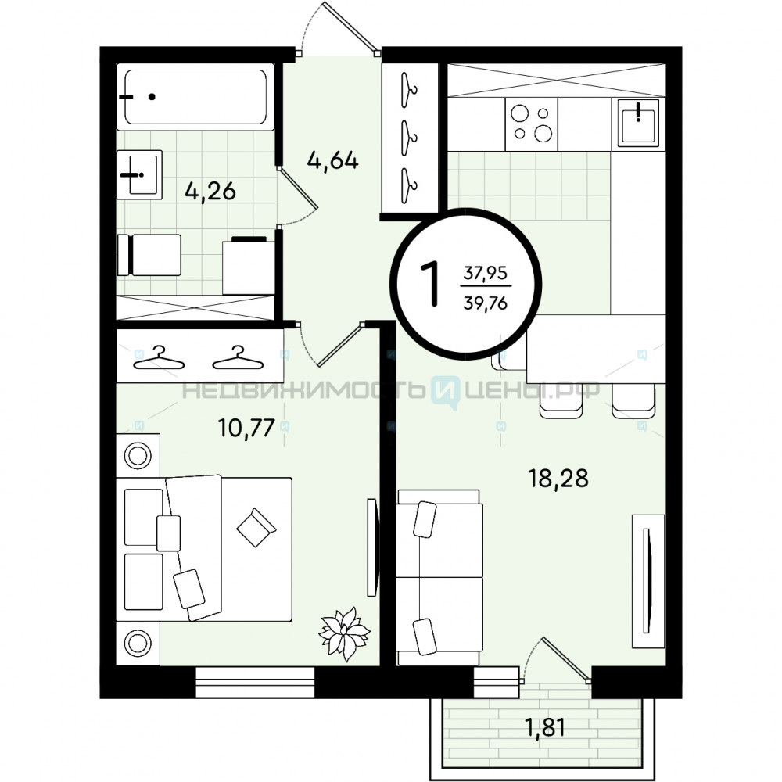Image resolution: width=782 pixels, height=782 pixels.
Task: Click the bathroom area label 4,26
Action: [x=210, y=192]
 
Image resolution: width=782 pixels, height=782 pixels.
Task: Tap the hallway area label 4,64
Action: [x=332, y=161]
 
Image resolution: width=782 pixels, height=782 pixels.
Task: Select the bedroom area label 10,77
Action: [x=246, y=428]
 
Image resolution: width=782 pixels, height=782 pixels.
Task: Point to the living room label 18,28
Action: [x=558, y=478]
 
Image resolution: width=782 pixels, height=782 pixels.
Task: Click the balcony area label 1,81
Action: [x=546, y=727]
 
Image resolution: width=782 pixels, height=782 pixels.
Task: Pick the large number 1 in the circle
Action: [x=430, y=284]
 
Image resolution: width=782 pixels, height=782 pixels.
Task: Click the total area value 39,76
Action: [x=486, y=303]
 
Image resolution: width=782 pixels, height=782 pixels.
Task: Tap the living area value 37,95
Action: [x=486, y=273]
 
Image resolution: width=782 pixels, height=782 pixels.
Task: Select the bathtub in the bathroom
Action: [x=195, y=97]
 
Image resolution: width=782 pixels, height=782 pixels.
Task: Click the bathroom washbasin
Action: [x=139, y=174]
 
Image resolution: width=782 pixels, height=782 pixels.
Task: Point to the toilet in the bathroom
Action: [x=149, y=255]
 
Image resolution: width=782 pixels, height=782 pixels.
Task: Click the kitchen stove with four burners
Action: [x=531, y=124]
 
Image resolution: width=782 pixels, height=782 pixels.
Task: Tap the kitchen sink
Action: [x=638, y=123]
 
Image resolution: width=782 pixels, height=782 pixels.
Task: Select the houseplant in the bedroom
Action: [x=344, y=633]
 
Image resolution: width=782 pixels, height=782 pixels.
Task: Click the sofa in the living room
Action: [x=439, y=578]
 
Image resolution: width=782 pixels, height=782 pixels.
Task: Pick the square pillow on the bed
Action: [x=256, y=528]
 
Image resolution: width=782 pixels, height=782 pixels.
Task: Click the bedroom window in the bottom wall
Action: [x=255, y=682]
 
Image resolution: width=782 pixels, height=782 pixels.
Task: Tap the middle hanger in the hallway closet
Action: [x=410, y=138]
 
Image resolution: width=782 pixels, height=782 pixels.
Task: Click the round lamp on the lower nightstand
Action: [x=138, y=644]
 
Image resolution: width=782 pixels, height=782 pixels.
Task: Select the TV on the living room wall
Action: [x=647, y=582]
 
